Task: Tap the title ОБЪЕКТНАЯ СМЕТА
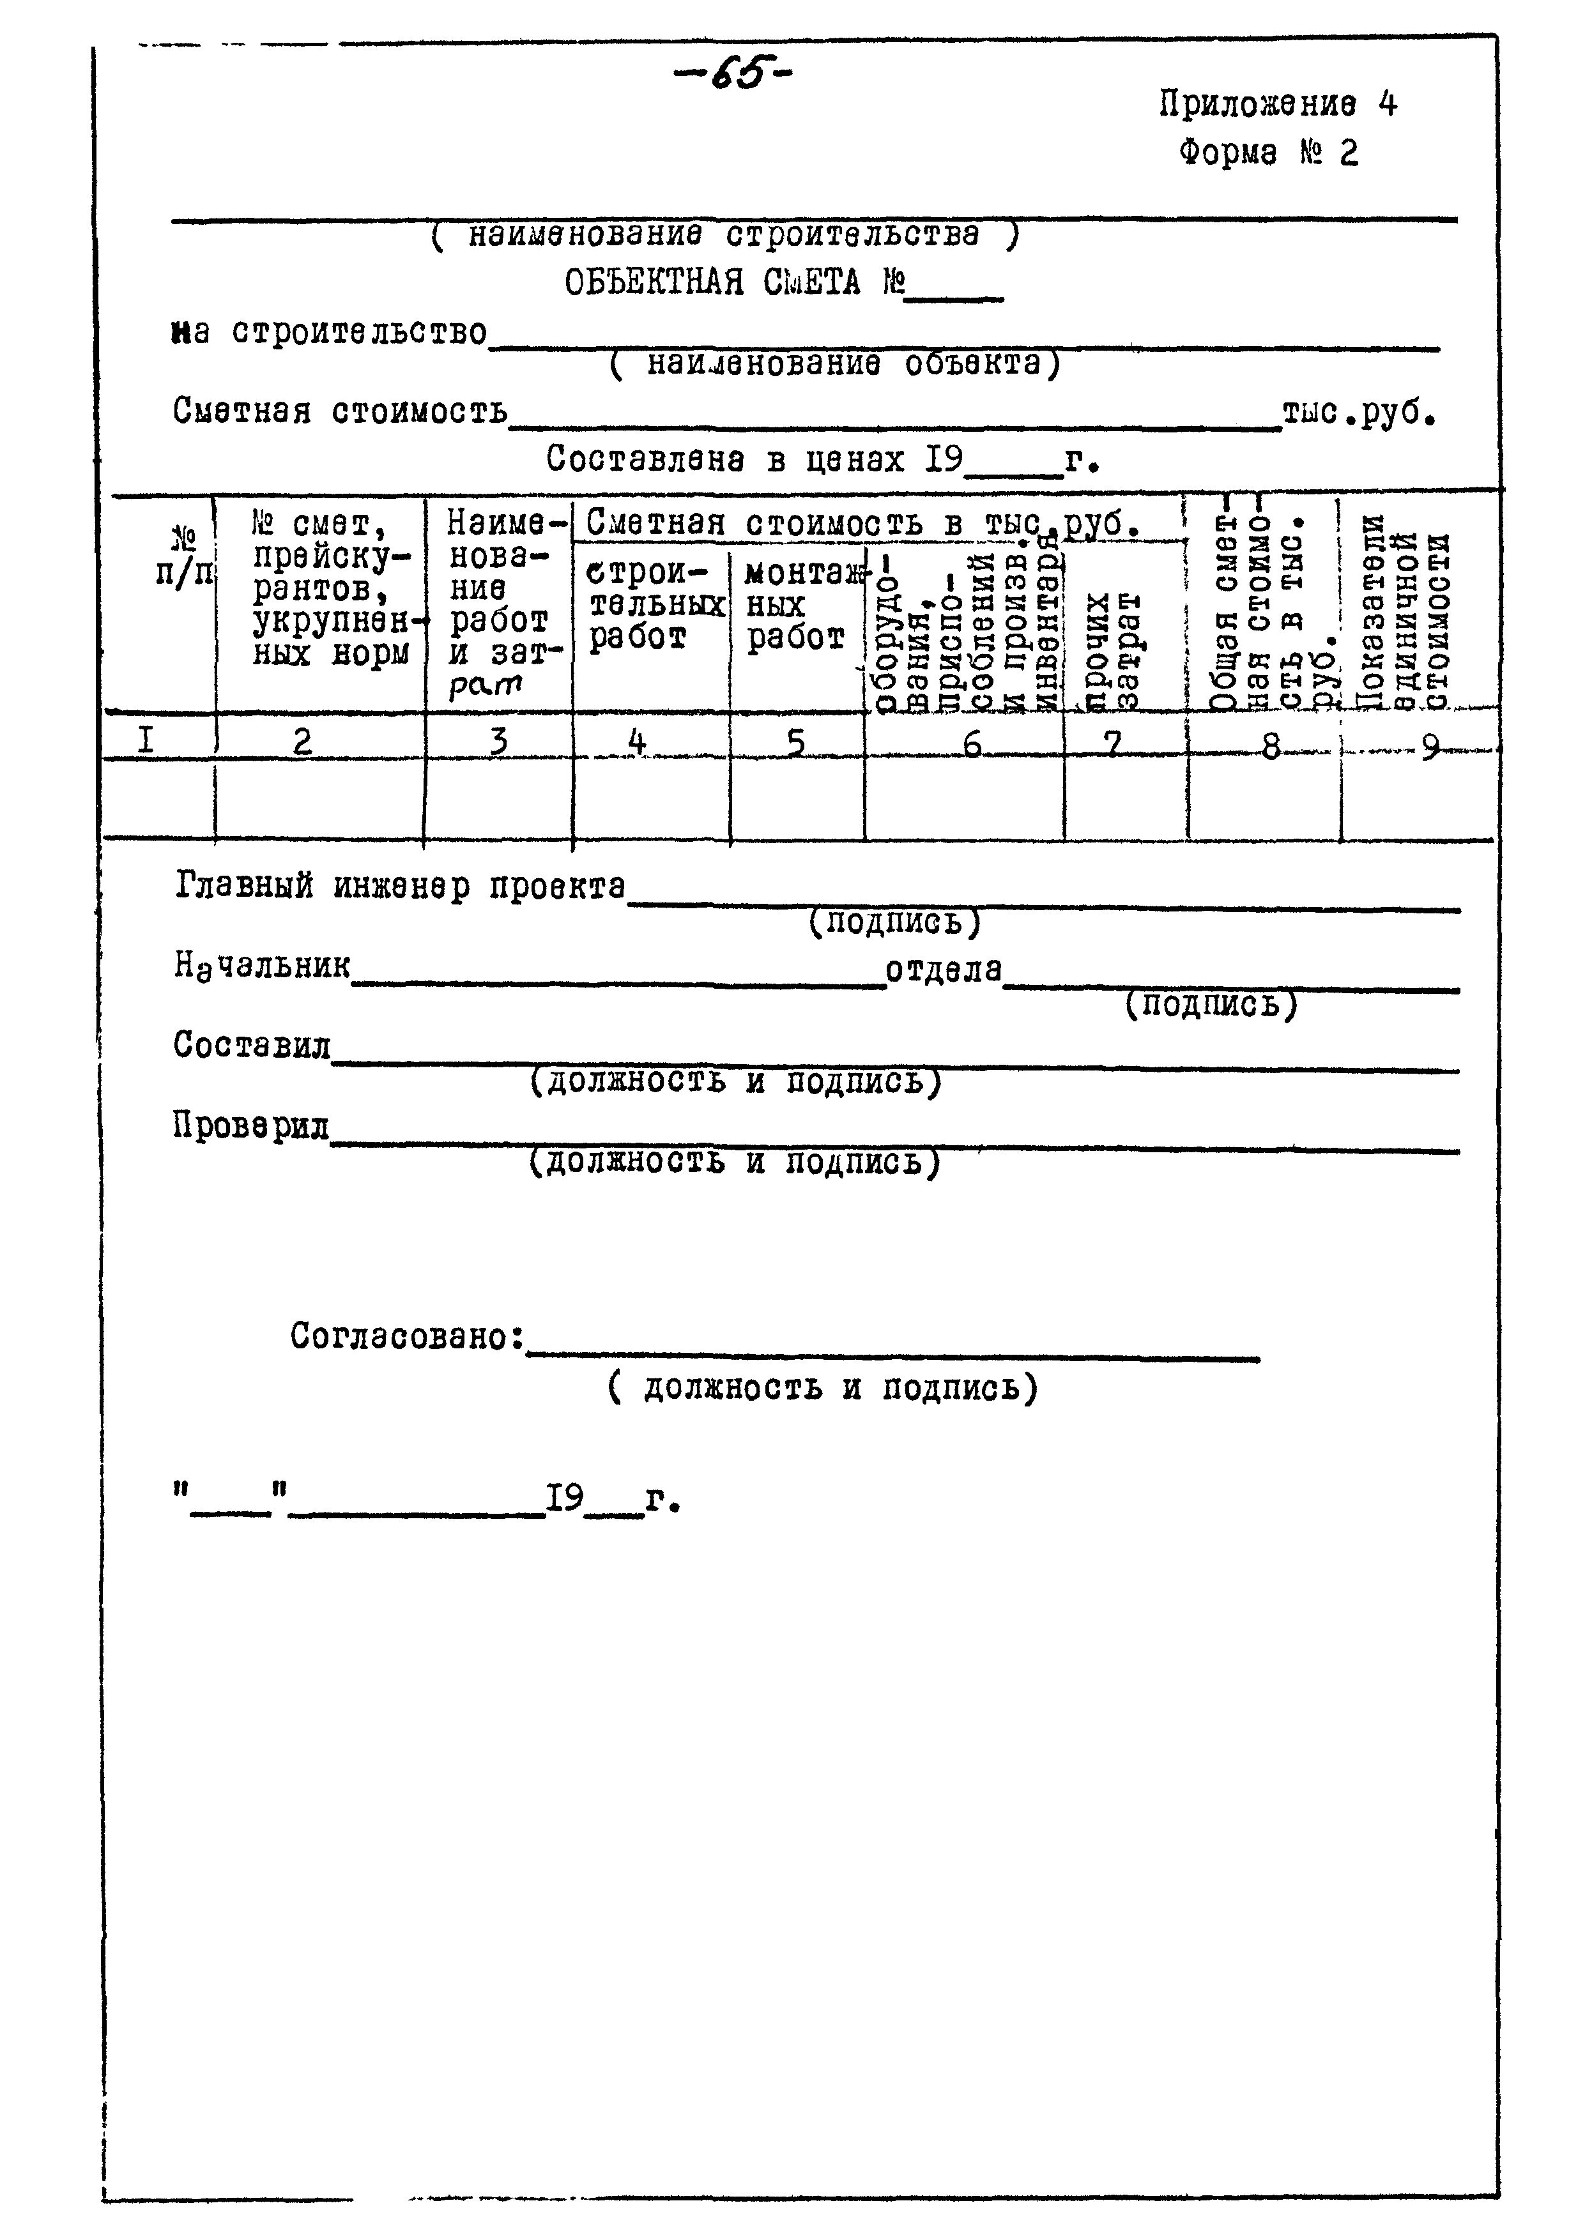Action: tap(712, 284)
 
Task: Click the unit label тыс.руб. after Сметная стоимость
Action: tap(1359, 414)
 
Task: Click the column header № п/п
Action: tap(183, 556)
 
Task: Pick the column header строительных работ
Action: tap(655, 605)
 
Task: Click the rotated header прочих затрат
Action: tap(1113, 650)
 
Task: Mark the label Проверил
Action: tap(251, 1127)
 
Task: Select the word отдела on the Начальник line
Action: tap(943, 970)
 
